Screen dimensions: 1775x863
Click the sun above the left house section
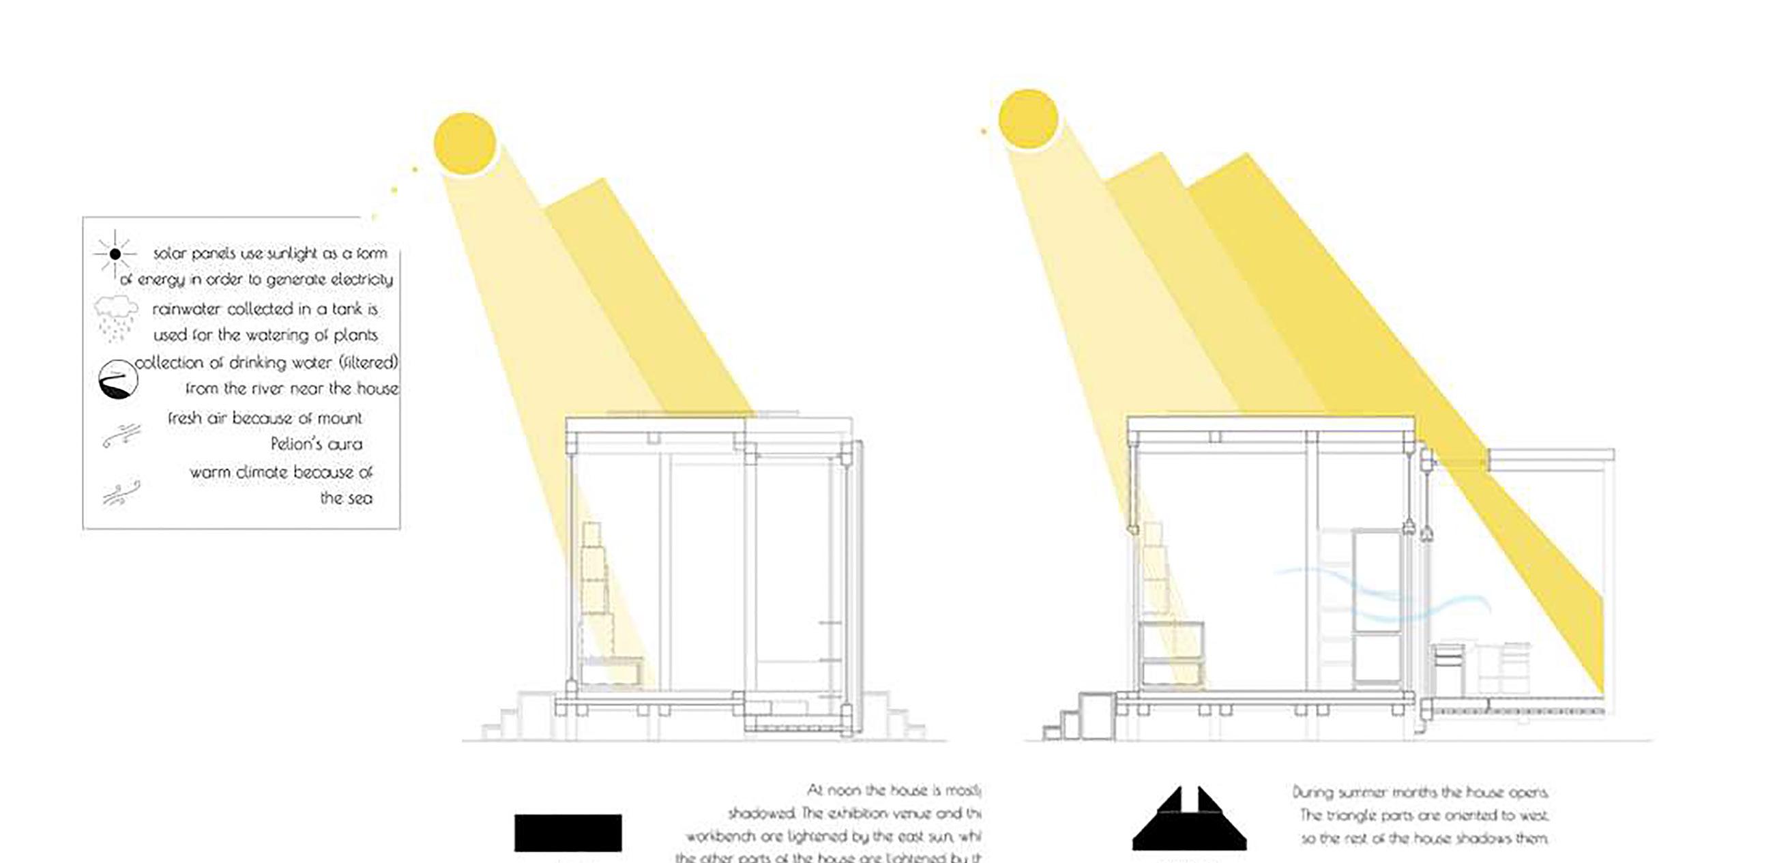pos(465,143)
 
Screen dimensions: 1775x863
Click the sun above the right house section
pos(1027,119)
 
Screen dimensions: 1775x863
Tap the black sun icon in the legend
pos(115,254)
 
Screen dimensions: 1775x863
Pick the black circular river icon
pos(118,380)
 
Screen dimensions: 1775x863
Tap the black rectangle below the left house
pos(568,833)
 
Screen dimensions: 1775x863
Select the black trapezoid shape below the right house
pos(1188,823)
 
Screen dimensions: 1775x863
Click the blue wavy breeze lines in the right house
pos(1378,596)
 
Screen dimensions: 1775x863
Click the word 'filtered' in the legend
pos(372,362)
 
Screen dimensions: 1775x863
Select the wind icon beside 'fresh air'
pos(121,437)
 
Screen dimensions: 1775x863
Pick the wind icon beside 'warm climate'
pos(121,492)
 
